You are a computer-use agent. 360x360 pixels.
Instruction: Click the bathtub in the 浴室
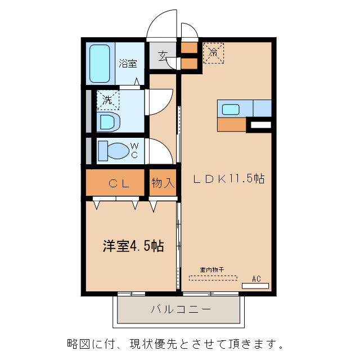coord(102,63)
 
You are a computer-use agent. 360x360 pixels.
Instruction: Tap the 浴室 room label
coord(128,64)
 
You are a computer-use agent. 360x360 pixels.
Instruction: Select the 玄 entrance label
coord(163,56)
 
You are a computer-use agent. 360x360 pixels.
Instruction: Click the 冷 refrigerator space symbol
coord(213,53)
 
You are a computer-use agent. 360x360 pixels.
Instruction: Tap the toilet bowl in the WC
coord(113,151)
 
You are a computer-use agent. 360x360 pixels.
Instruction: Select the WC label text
coord(134,151)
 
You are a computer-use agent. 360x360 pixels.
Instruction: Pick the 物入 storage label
coord(163,183)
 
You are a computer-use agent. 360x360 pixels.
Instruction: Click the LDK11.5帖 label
coord(228,179)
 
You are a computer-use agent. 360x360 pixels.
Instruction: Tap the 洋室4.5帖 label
coord(133,246)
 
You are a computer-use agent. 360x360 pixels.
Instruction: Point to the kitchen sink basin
coord(231,109)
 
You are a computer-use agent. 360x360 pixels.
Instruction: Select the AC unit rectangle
coord(255,286)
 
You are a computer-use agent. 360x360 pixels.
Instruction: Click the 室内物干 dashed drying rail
coord(213,277)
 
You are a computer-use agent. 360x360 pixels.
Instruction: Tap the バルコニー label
coord(180,309)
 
